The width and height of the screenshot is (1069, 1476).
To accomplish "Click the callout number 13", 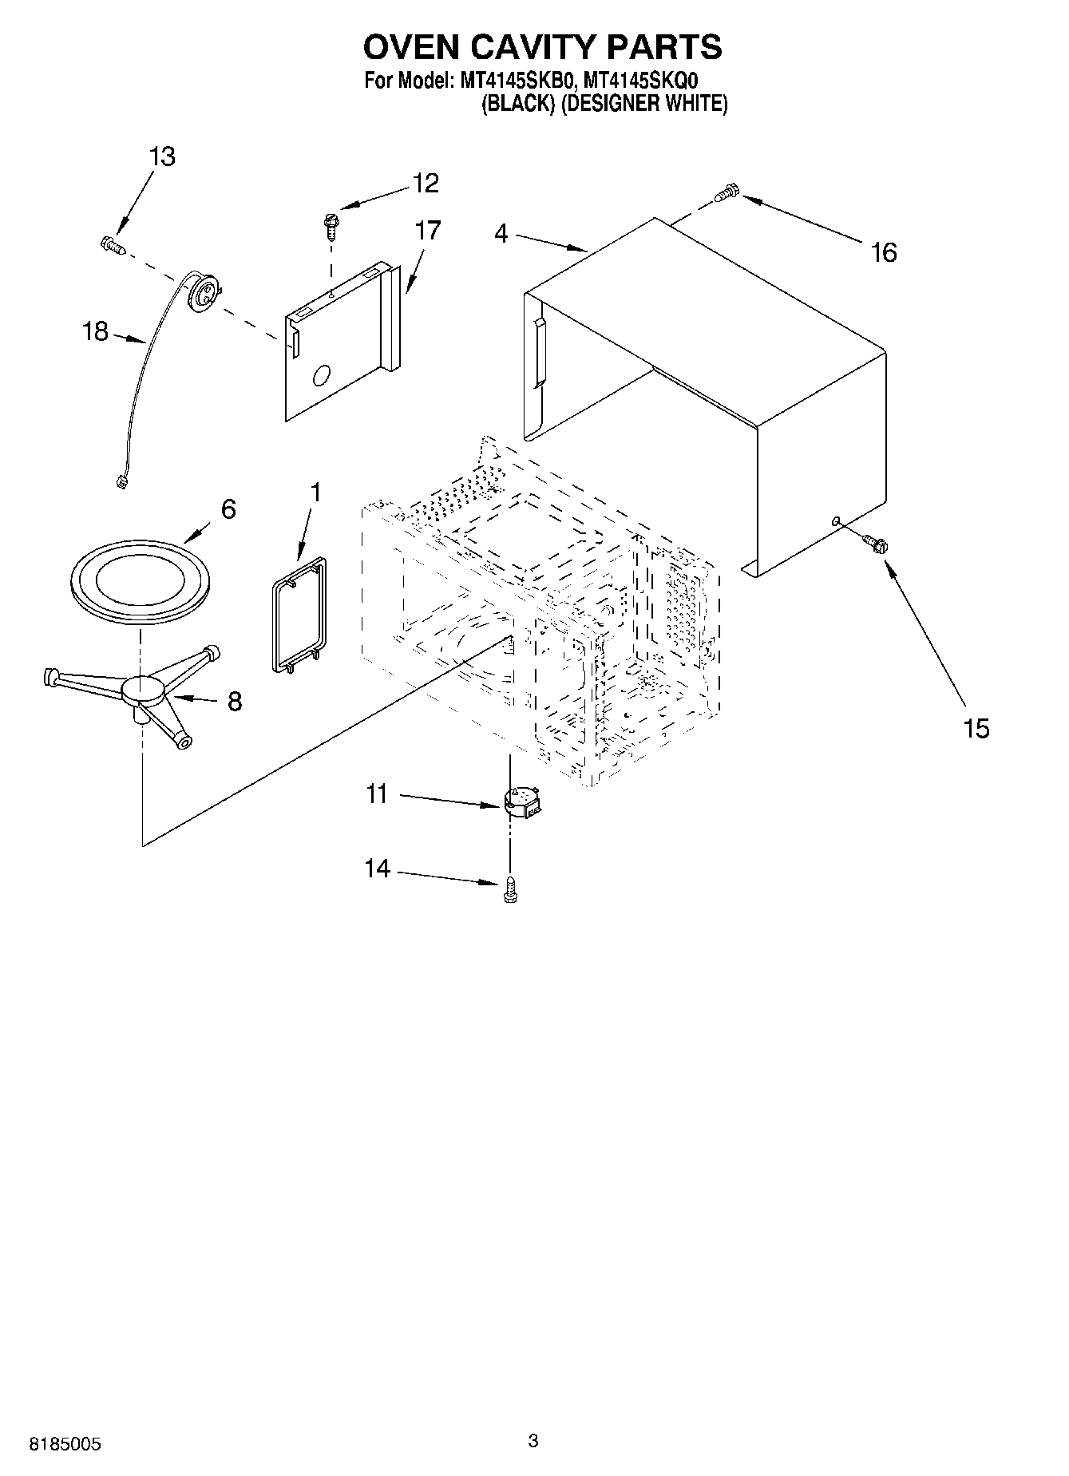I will (x=162, y=156).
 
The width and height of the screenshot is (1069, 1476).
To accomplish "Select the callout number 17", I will (x=427, y=231).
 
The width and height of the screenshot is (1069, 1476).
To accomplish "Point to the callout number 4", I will (x=501, y=235).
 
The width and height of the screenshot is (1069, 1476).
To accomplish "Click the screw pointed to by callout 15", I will (x=876, y=544).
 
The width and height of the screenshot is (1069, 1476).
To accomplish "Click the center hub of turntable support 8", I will (x=144, y=690).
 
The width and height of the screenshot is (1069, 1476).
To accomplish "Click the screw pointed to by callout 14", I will (x=510, y=889).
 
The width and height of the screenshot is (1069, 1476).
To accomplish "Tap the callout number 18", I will (x=95, y=330).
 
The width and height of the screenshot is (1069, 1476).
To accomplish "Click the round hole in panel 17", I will (x=322, y=375).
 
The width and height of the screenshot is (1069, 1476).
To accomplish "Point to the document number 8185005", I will (x=65, y=1444).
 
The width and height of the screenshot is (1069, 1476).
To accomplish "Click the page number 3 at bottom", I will (x=533, y=1441).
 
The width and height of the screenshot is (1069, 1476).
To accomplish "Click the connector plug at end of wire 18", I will (x=121, y=481).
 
